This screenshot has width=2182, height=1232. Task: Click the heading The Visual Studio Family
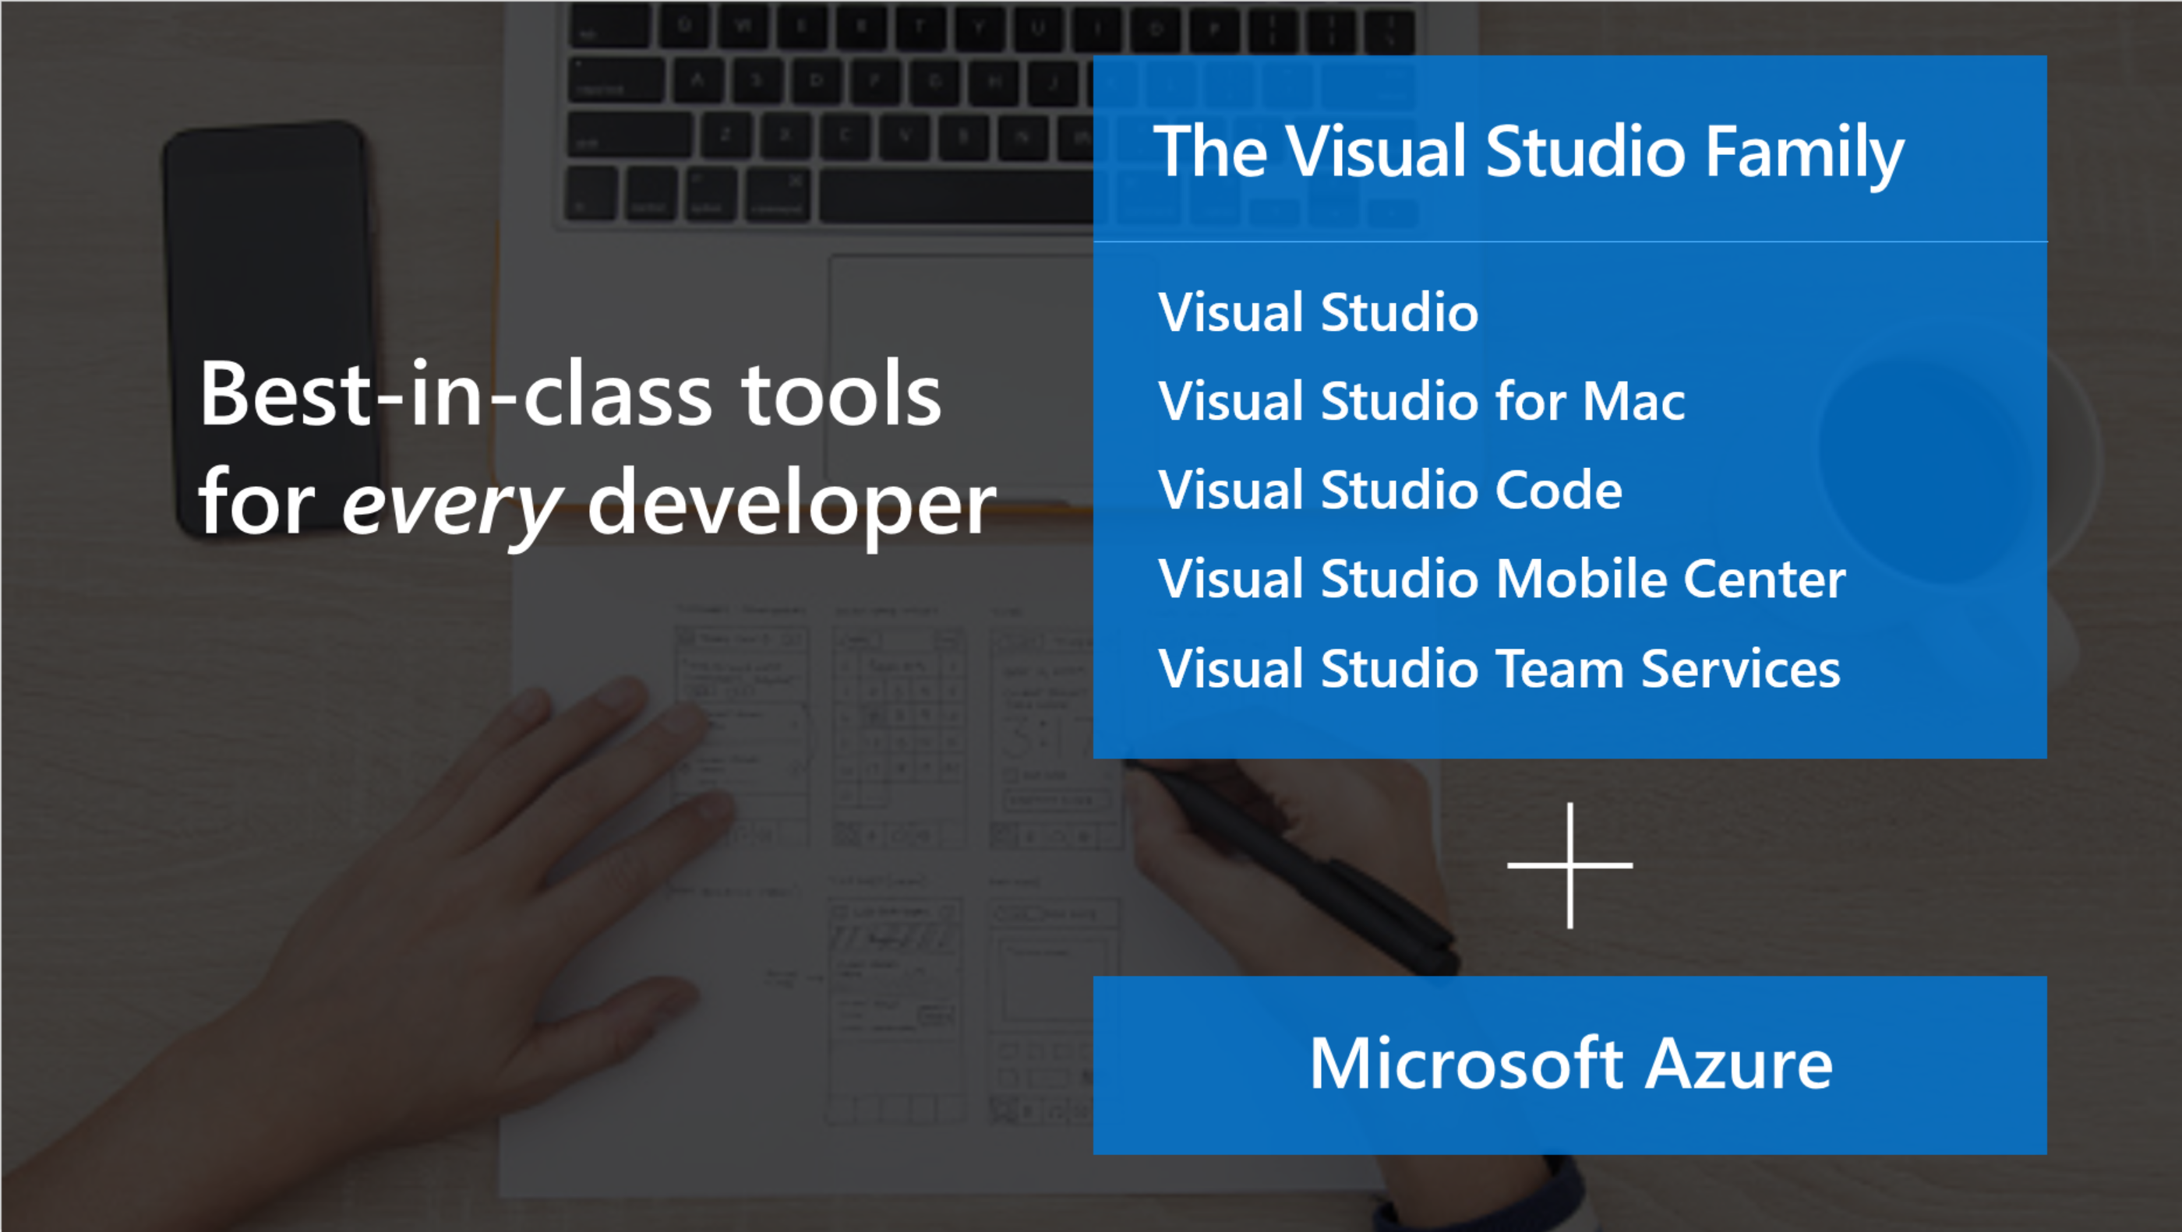point(1529,153)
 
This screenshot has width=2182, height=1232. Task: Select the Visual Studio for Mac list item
point(1421,400)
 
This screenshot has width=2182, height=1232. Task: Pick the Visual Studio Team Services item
point(1499,668)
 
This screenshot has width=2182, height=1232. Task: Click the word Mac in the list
point(1634,400)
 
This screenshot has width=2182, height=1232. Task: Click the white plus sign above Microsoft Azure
point(1570,865)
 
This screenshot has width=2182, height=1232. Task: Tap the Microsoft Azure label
point(1570,1064)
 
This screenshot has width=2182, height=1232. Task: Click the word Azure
point(1739,1064)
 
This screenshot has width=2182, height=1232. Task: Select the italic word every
point(451,506)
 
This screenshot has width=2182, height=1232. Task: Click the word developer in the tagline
point(792,503)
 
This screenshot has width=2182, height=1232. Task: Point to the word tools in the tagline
point(841,394)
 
